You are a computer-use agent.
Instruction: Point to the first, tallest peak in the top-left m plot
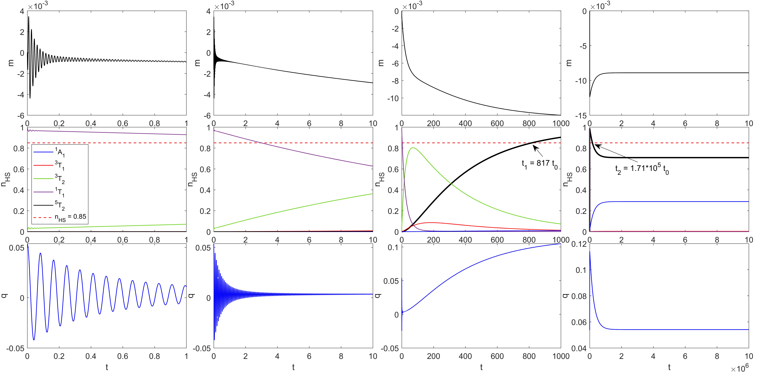point(29,17)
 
